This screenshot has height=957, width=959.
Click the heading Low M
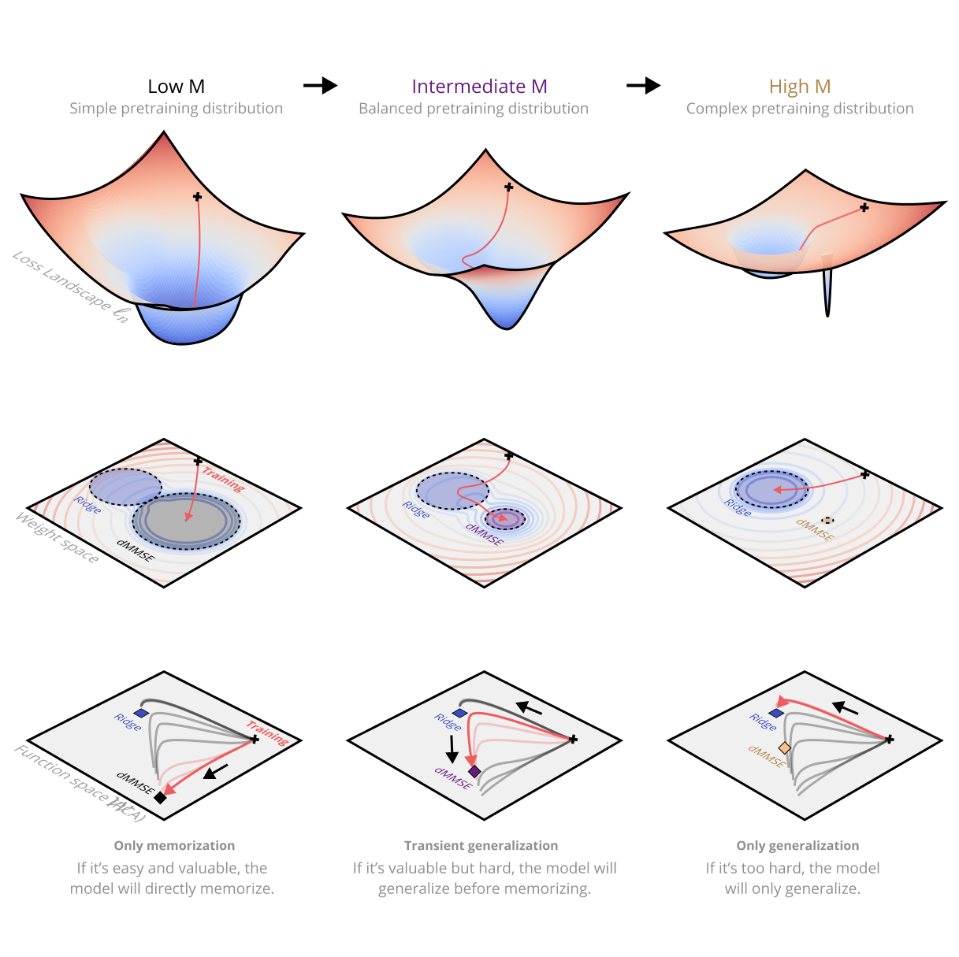176,87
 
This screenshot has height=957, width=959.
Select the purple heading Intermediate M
479,87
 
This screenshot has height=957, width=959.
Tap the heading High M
800,87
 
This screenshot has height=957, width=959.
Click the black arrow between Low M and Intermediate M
320,85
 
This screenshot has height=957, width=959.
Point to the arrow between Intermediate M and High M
643,85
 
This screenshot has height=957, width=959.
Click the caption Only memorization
174,845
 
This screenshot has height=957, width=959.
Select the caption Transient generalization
481,845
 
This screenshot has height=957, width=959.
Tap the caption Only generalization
797,845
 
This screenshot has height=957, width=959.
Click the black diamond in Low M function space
160,798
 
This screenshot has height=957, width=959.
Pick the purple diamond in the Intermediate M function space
474,771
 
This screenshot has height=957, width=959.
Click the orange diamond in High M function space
784,747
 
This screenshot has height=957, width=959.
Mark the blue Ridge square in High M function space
776,713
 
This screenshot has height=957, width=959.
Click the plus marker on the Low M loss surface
197,197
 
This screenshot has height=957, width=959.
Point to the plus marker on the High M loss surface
864,208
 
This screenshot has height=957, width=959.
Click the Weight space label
58,538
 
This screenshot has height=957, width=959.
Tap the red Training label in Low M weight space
223,479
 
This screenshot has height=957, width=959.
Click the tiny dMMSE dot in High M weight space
827,520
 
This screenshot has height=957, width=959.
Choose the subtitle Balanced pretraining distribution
474,109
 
